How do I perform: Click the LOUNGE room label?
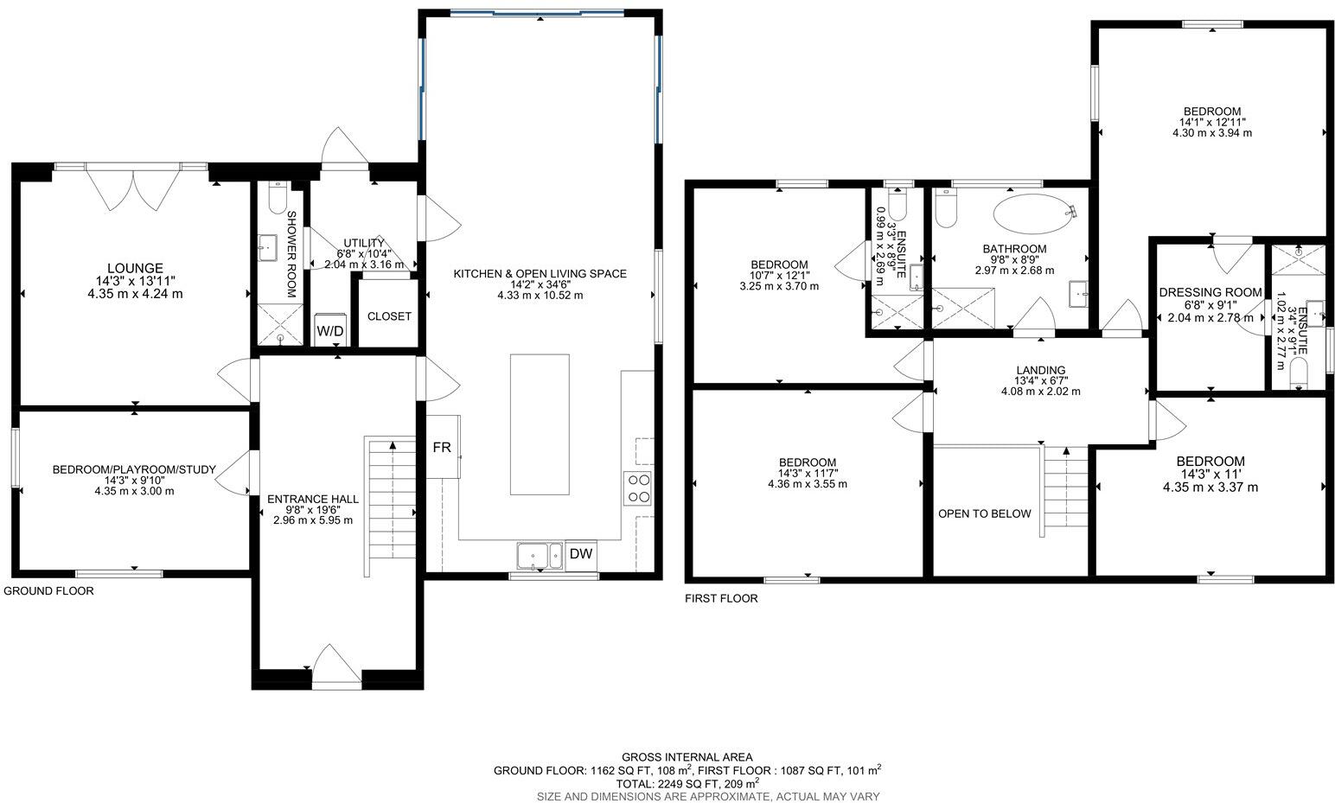click(135, 268)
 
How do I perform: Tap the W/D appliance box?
click(329, 331)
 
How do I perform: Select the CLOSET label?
click(389, 316)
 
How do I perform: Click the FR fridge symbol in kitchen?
click(442, 449)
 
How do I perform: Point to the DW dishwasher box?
click(581, 554)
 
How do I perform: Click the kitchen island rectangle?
click(540, 424)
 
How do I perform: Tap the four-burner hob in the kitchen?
click(638, 488)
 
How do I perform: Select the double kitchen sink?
click(540, 556)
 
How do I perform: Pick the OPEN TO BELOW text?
click(985, 513)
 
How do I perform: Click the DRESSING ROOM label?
click(1210, 292)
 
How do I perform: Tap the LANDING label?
click(1040, 370)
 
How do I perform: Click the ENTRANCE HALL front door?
click(336, 667)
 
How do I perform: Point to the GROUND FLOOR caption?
click(48, 591)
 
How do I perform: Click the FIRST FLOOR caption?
click(721, 598)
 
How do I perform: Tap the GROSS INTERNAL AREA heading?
click(687, 756)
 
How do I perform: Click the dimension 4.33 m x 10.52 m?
click(540, 296)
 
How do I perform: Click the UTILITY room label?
click(363, 243)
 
